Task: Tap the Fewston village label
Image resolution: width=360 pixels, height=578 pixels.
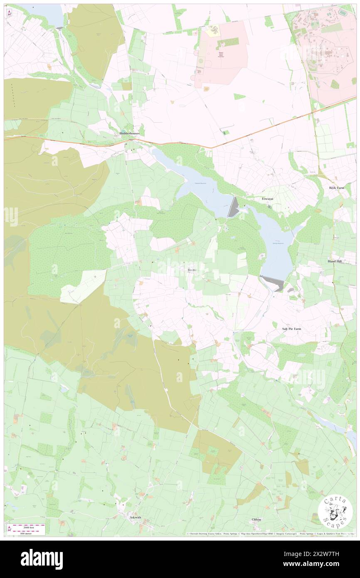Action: click(x=267, y=199)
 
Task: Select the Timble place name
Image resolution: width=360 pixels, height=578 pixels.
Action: click(x=192, y=269)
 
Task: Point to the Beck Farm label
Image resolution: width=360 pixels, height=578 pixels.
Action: click(x=337, y=188)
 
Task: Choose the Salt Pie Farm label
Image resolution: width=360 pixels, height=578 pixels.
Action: click(x=289, y=329)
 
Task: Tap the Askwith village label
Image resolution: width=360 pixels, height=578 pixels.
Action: click(x=136, y=517)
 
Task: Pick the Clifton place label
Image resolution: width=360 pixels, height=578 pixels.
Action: click(x=256, y=519)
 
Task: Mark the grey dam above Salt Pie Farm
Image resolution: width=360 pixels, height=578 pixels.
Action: click(x=273, y=283)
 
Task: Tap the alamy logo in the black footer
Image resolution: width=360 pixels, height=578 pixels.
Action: click(x=42, y=559)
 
